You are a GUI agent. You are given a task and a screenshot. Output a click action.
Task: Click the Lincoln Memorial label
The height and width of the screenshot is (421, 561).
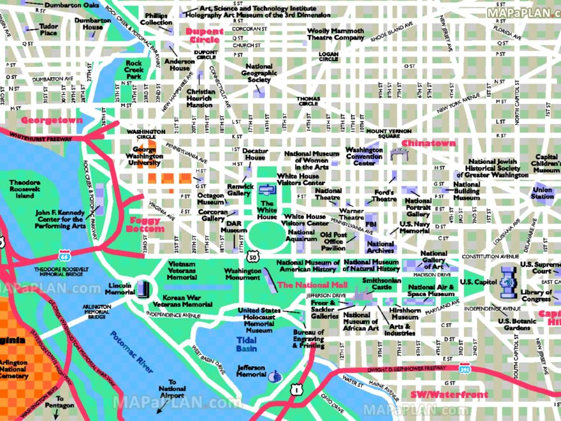point(120,288)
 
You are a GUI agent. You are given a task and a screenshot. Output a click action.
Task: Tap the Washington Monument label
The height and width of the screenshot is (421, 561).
point(242,274)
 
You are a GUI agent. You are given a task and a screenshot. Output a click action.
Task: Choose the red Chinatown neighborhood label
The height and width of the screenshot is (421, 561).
point(428,144)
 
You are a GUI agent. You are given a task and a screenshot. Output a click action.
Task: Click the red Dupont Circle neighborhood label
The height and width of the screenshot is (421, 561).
point(204,36)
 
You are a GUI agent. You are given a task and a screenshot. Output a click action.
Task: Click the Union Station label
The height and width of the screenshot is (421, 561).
point(543,193)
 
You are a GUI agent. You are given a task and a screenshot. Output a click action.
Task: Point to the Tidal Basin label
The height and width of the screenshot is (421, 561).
point(247,344)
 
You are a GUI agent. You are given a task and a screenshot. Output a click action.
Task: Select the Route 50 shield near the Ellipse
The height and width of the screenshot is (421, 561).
point(254,257)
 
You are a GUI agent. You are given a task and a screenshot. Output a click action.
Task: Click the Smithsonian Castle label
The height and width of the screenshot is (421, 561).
point(381,283)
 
